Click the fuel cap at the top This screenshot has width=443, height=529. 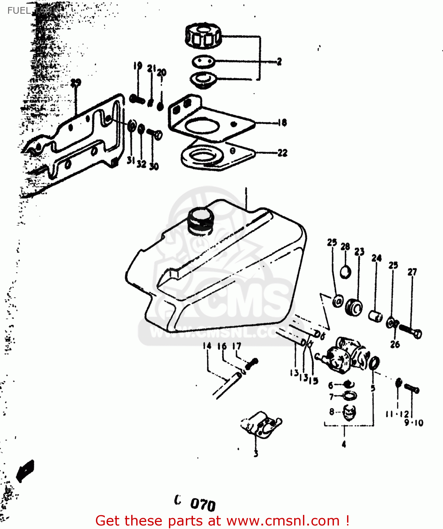203,36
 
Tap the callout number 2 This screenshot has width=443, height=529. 279,62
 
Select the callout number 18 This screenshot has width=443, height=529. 282,123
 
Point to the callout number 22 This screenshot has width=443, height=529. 283,153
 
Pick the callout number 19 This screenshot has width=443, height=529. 138,66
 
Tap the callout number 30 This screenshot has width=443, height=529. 154,166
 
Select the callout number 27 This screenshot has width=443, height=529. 412,272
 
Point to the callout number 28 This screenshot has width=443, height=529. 345,247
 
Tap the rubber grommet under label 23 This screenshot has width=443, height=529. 354,306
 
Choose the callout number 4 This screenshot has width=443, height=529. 344,444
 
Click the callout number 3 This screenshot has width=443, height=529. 256,454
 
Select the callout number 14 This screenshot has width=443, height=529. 207,346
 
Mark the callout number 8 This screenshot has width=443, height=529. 332,412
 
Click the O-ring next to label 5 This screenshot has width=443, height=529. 374,363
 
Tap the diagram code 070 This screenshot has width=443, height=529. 203,504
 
